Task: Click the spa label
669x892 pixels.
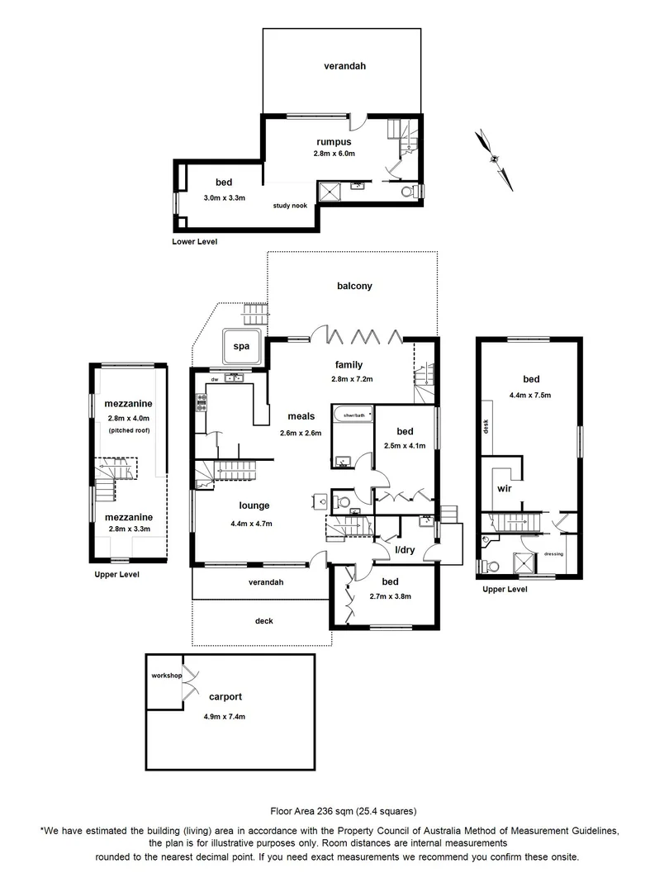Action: (x=241, y=348)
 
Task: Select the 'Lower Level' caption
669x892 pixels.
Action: (x=194, y=242)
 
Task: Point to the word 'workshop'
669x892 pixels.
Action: (x=166, y=676)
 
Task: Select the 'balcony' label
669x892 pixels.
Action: (x=354, y=286)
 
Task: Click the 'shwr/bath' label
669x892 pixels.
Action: (x=353, y=410)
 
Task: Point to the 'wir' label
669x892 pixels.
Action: (x=505, y=488)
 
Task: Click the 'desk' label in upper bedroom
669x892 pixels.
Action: (x=486, y=426)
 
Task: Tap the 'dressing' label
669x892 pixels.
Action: (x=553, y=553)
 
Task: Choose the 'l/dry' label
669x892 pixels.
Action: (x=405, y=550)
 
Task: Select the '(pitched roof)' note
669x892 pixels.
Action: (x=126, y=431)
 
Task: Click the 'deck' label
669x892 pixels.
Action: (x=263, y=621)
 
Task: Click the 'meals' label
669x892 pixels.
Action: (x=299, y=416)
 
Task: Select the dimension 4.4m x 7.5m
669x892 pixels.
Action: (x=530, y=395)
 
